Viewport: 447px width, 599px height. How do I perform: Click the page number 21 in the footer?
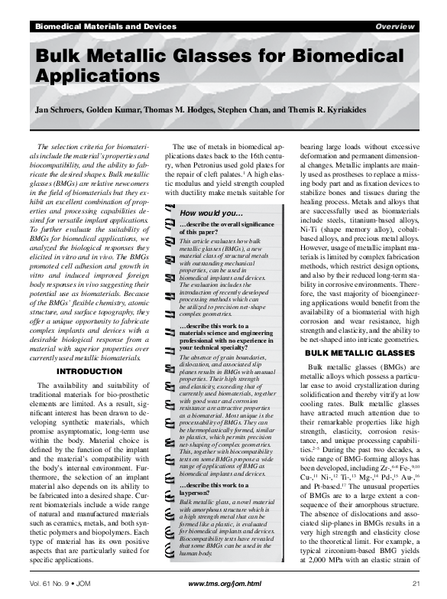416,584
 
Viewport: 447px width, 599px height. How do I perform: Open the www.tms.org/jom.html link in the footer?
224,584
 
